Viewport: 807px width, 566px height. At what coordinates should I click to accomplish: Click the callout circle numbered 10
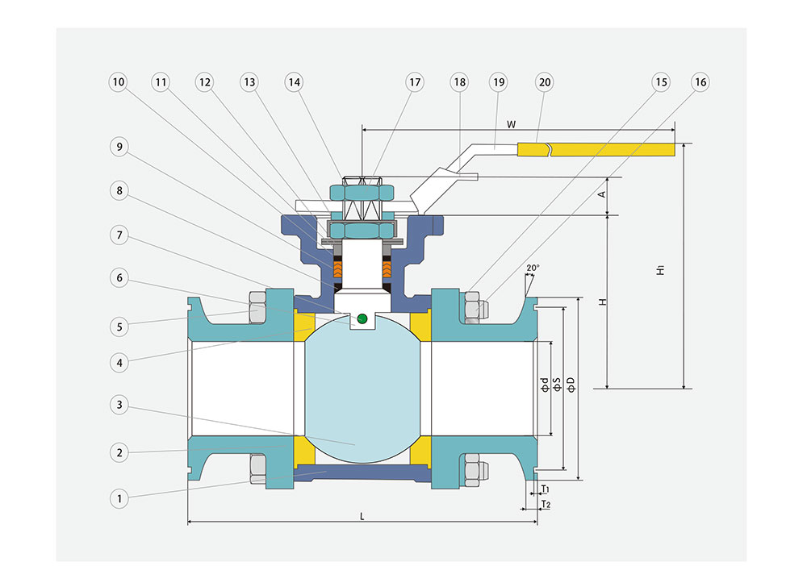click(119, 82)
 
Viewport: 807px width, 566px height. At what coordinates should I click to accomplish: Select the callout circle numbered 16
click(700, 82)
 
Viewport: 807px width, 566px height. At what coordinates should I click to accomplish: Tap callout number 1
click(119, 499)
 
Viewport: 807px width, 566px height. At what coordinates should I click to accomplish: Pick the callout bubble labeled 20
click(544, 82)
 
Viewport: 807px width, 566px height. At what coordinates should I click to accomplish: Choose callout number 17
click(415, 82)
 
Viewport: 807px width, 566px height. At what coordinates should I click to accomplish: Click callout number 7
click(119, 235)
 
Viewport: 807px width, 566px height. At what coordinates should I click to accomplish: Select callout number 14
click(294, 82)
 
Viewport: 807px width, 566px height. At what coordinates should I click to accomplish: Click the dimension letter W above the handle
click(510, 123)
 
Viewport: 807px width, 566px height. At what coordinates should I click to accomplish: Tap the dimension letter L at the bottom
click(362, 516)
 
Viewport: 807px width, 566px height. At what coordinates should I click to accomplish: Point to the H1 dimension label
click(660, 271)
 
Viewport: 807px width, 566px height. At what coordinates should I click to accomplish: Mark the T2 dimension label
click(546, 505)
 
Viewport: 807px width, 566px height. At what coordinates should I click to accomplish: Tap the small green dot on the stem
click(362, 318)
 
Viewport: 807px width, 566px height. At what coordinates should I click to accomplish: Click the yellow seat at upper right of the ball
click(420, 324)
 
